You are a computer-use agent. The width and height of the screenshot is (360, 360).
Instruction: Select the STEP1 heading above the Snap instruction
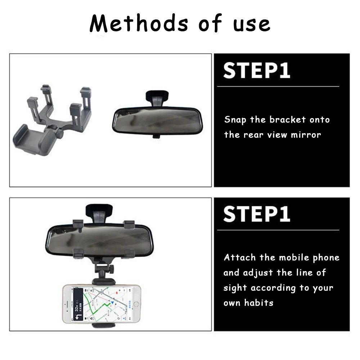coord(256,71)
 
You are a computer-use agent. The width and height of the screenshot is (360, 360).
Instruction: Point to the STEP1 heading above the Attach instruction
coord(256,214)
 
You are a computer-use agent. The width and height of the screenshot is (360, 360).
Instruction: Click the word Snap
coord(236,120)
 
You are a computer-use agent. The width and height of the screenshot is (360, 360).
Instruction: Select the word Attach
coord(240,258)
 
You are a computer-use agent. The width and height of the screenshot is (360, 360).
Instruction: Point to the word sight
coord(235,288)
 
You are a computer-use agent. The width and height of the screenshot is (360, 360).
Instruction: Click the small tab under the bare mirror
coord(156,136)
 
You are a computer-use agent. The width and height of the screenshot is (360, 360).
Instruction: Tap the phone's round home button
coord(136,304)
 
